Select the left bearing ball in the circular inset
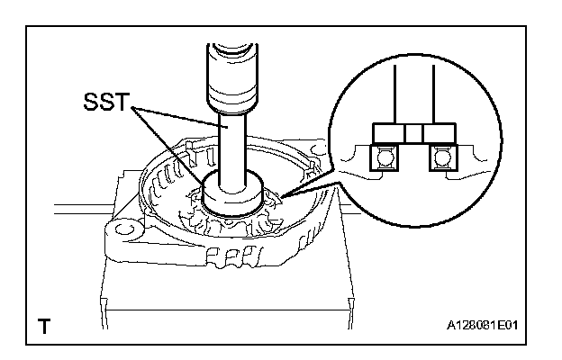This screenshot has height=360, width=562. click(385, 158)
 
